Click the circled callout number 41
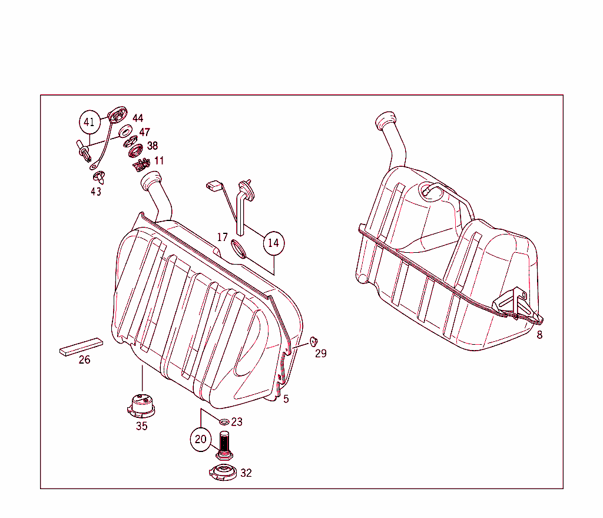point(89,123)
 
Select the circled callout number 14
point(273,243)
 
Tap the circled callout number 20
point(201,439)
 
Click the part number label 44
point(137,118)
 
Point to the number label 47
point(144,133)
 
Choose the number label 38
point(152,146)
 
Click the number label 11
point(159,160)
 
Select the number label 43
point(95,192)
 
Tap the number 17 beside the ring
point(222,237)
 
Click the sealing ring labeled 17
point(238,249)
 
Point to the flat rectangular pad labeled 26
point(81,346)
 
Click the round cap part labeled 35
point(141,405)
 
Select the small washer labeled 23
point(224,421)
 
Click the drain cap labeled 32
point(224,472)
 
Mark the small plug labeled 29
point(313,341)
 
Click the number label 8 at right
point(539,335)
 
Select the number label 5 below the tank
point(286,399)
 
